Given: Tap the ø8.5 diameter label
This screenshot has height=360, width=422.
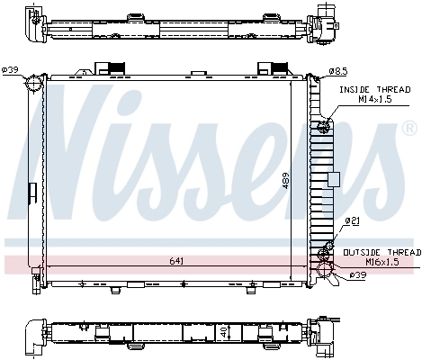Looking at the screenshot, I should [338, 70].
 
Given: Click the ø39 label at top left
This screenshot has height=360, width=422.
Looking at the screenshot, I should [11, 70].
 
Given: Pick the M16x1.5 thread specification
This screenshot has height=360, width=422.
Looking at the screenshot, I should [378, 262].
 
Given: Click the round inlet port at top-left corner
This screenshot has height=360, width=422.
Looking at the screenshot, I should [34, 84].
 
